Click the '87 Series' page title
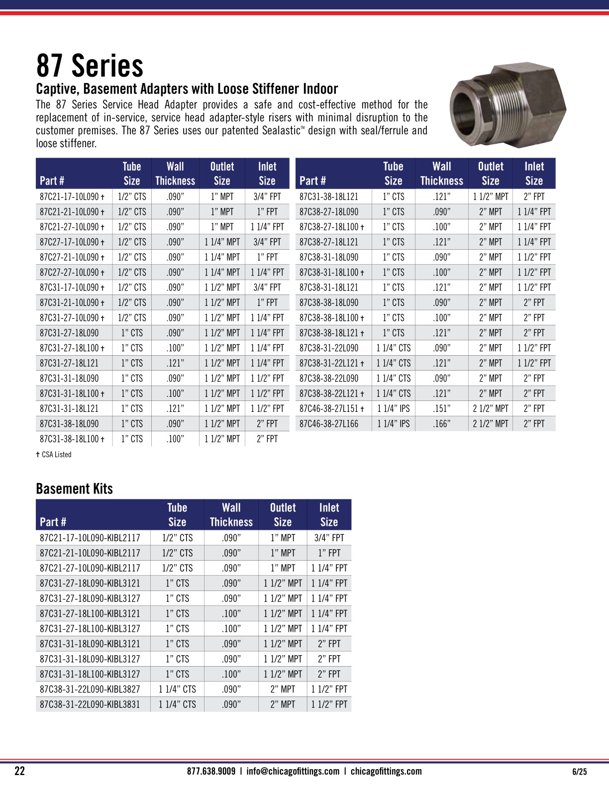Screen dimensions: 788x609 (90, 66)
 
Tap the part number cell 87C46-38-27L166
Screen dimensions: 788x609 (329, 424)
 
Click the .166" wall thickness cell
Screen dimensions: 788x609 (441, 424)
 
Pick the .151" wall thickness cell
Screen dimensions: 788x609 (441, 409)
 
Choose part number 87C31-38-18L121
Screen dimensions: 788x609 (329, 197)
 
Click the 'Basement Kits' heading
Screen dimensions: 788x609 (74, 489)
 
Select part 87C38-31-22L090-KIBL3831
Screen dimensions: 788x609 (90, 704)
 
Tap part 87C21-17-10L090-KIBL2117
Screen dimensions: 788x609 (90, 538)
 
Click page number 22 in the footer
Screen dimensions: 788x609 (19, 772)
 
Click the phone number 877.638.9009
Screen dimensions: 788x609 (211, 772)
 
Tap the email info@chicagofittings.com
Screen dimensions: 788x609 (293, 772)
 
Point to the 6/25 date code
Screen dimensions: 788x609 (580, 772)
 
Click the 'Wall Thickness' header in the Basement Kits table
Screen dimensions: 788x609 (231, 515)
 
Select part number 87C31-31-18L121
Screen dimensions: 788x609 (69, 409)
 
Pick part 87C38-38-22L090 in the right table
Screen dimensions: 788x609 (329, 379)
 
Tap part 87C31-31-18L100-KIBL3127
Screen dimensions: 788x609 (90, 674)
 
